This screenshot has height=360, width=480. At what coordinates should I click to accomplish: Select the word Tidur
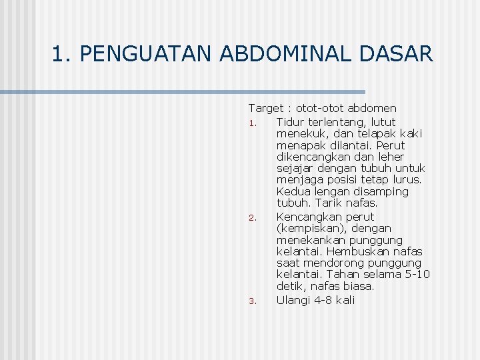click(291, 122)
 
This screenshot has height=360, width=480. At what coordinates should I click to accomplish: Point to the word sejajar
click(295, 169)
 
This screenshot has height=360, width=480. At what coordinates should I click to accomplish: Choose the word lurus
click(407, 180)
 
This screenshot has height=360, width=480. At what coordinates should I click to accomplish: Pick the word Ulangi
click(293, 300)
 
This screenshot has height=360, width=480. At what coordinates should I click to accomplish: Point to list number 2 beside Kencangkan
click(252, 218)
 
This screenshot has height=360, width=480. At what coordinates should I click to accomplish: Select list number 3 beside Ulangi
click(252, 301)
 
